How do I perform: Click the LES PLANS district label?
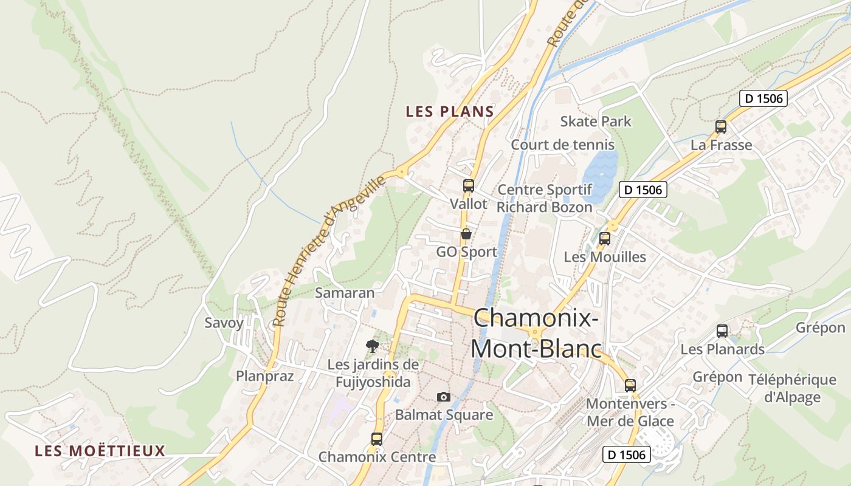(x=449, y=112)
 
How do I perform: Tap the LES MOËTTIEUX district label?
(x=100, y=451)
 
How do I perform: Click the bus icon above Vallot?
(x=468, y=186)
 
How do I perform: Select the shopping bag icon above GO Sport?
(x=466, y=234)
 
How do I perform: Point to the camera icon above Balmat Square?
(x=444, y=397)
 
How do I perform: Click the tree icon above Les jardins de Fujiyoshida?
(x=373, y=346)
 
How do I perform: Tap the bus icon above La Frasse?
(x=721, y=127)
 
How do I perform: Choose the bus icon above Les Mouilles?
(x=604, y=239)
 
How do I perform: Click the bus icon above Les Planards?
(x=722, y=331)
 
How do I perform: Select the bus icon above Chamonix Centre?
(x=377, y=439)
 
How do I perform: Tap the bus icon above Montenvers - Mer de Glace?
(x=630, y=385)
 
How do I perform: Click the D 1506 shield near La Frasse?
(x=763, y=98)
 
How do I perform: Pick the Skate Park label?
(x=596, y=122)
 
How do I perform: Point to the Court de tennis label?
(x=562, y=145)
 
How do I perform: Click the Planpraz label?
(x=265, y=376)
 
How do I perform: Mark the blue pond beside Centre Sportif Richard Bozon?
(x=598, y=174)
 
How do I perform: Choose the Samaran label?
(x=345, y=292)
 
